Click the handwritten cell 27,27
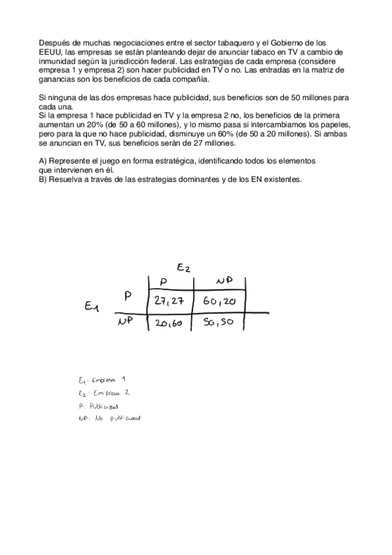tap(170, 300)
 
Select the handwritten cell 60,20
tap(219, 301)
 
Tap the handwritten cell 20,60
tap(169, 323)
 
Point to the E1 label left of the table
tap(92, 306)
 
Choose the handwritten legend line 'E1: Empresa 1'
tap(101, 380)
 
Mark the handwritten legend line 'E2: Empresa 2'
tap(103, 393)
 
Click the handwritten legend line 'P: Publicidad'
tap(98, 406)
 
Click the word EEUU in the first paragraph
tap(50, 51)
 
